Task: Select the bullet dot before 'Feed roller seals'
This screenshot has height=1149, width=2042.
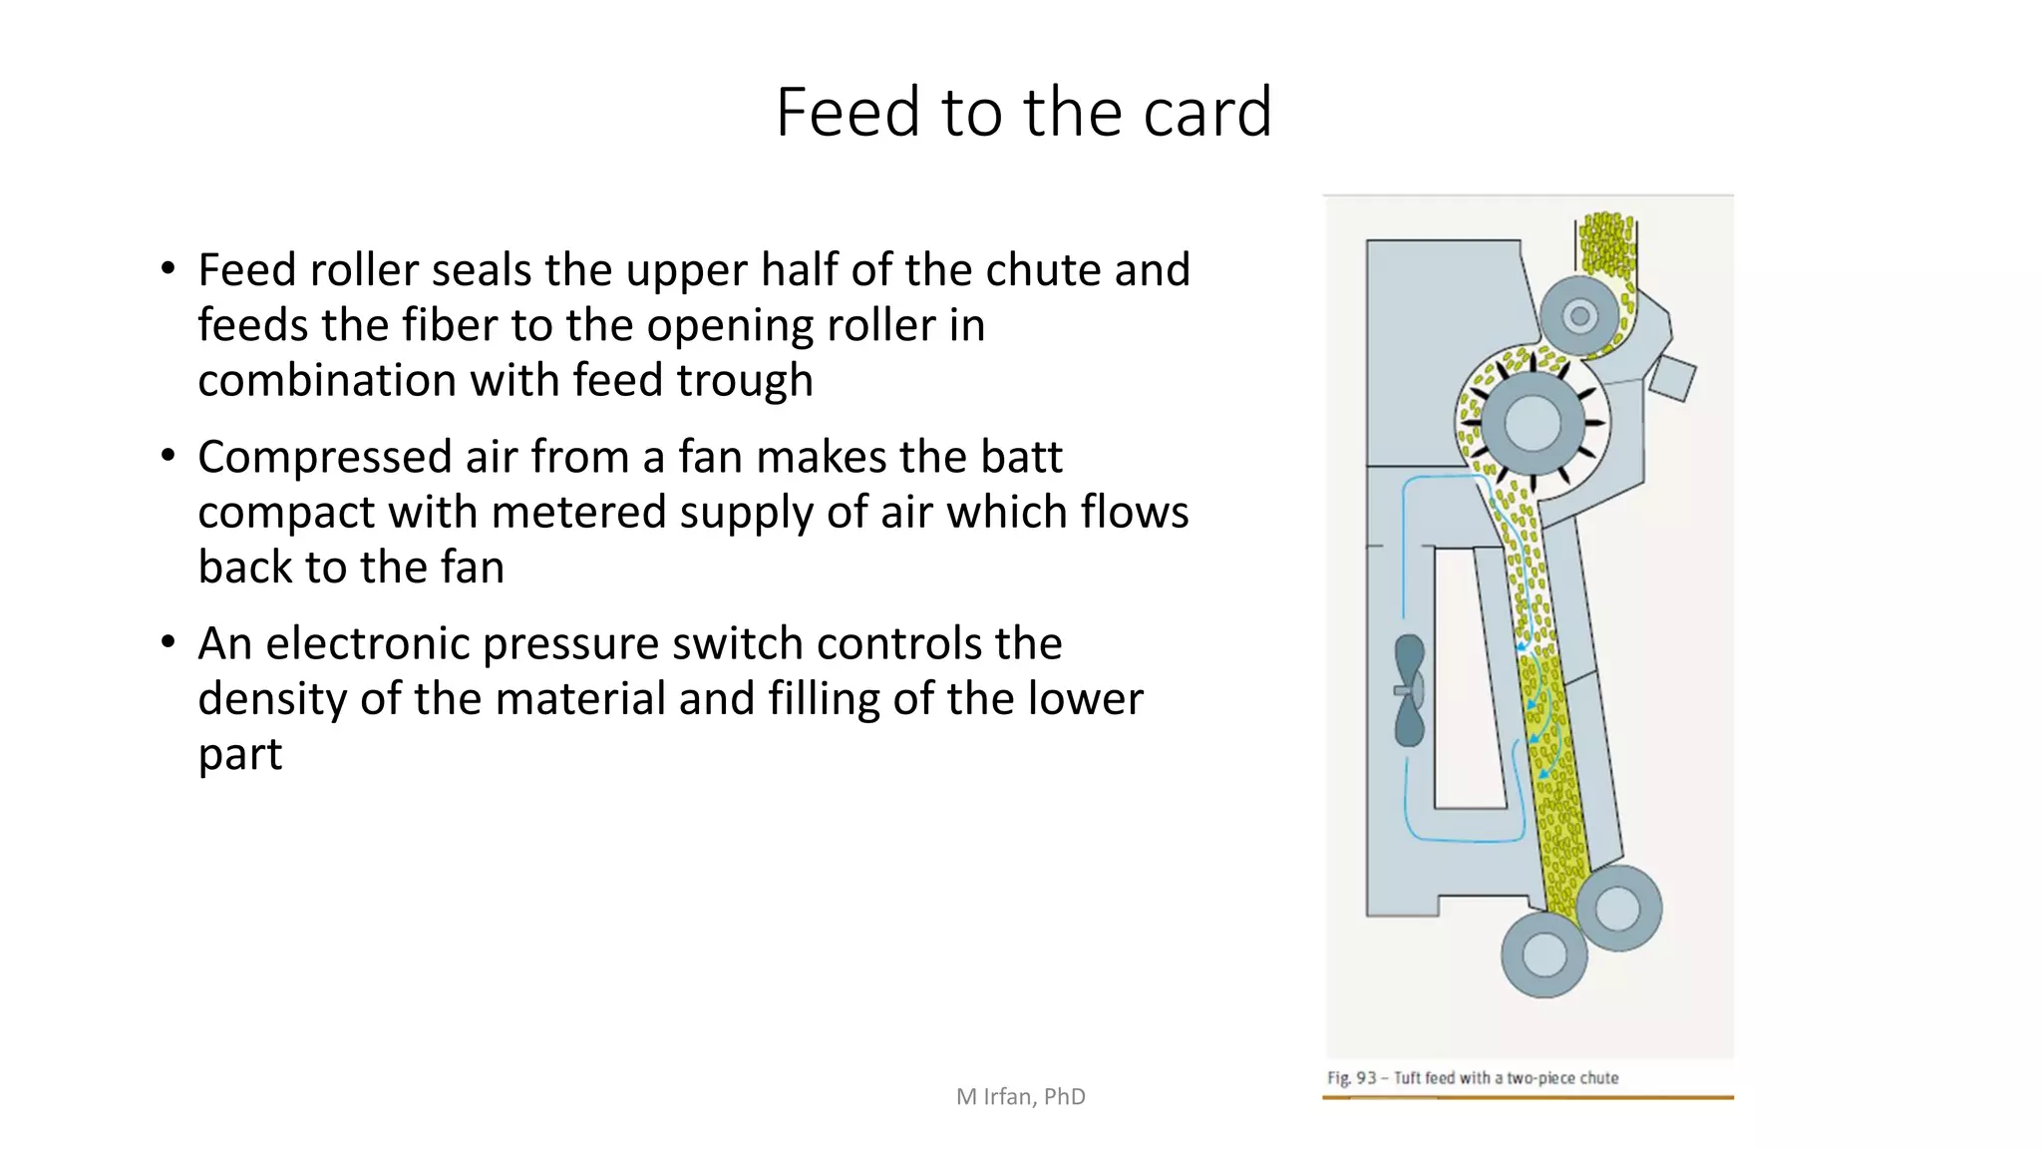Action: point(169,269)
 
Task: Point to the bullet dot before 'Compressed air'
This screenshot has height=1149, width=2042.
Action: point(169,456)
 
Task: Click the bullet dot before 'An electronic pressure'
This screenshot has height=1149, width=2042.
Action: point(169,642)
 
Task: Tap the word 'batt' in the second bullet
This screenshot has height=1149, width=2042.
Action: point(1021,457)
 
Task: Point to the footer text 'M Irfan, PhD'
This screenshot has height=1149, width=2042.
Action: point(1020,1097)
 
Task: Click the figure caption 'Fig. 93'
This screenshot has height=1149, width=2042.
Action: point(1351,1078)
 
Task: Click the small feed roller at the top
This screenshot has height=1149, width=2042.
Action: point(1579,317)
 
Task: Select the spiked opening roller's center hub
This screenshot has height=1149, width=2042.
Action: point(1531,423)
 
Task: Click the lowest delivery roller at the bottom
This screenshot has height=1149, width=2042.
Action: point(1543,955)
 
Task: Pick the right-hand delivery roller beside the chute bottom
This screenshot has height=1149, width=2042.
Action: point(1617,908)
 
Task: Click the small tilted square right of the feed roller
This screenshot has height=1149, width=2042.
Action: point(1673,378)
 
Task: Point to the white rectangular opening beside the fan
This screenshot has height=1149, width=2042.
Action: point(1468,678)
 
